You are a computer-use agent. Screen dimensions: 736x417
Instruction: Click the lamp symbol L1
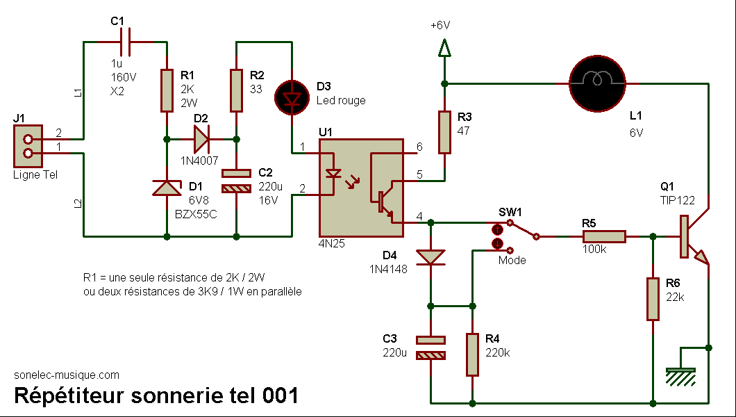click(598, 83)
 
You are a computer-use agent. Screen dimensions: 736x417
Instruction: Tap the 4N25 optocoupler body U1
click(361, 188)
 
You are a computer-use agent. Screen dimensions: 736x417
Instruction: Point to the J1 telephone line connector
click(28, 146)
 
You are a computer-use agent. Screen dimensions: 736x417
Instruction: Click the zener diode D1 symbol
click(167, 188)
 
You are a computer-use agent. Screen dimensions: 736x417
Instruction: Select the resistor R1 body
click(167, 90)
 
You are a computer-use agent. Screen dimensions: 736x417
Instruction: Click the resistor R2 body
click(237, 90)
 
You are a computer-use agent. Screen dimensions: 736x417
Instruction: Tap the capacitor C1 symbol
click(125, 42)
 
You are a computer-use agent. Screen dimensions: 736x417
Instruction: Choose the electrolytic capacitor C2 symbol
click(237, 181)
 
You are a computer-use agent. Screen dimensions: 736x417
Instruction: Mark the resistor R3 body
click(444, 133)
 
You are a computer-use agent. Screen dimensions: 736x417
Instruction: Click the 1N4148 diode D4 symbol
click(431, 257)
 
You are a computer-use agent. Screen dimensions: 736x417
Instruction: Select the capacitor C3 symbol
click(431, 347)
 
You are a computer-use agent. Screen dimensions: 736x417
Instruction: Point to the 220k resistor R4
click(473, 355)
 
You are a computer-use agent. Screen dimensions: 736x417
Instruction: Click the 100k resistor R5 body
click(605, 237)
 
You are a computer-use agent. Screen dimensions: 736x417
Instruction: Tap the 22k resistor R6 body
click(653, 299)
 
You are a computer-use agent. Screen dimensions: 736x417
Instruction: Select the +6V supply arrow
click(444, 48)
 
